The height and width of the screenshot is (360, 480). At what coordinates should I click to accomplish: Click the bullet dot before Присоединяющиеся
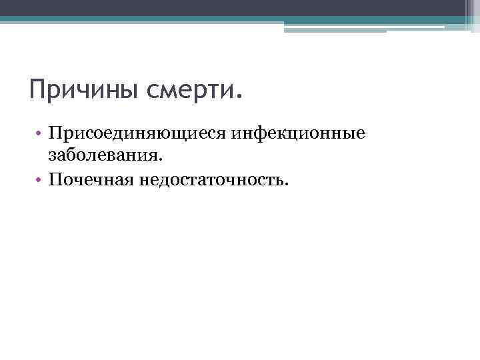[x=41, y=134]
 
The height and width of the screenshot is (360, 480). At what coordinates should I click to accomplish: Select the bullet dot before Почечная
[x=41, y=179]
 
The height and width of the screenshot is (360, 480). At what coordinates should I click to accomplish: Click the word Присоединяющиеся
[x=137, y=134]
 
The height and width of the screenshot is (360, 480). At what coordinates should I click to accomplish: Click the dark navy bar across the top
[x=240, y=7]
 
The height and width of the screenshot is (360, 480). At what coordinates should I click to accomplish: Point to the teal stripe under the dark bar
[x=240, y=20]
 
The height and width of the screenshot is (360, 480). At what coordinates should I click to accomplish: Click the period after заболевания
[x=160, y=159]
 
